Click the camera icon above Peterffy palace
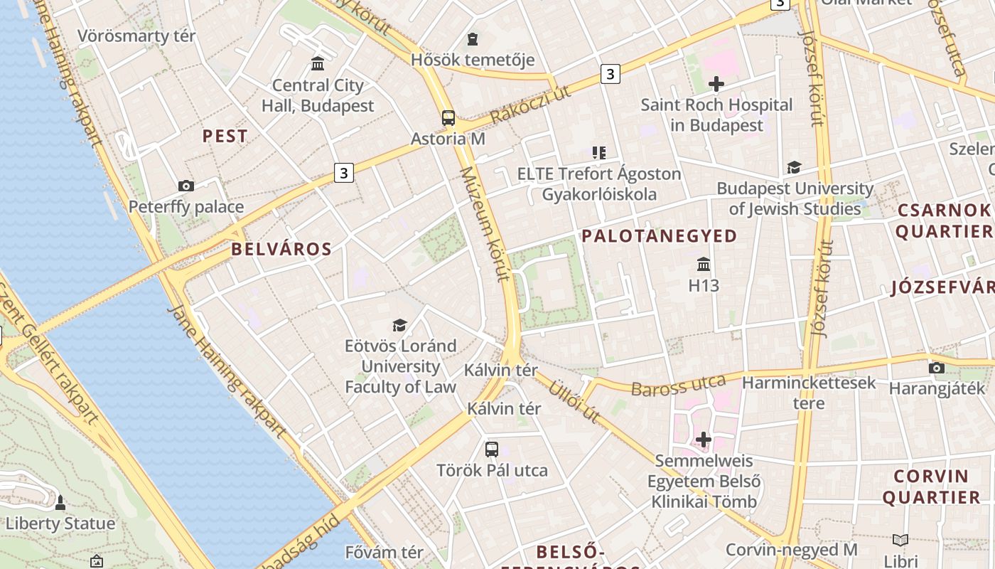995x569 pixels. pyautogui.click(x=186, y=186)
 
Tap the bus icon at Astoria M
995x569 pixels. pyautogui.click(x=448, y=118)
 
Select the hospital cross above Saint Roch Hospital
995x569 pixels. pyautogui.click(x=716, y=84)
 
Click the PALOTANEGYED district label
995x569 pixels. pyautogui.click(x=660, y=236)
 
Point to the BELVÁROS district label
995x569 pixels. pyautogui.click(x=281, y=249)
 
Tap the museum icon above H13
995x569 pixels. pyautogui.click(x=704, y=265)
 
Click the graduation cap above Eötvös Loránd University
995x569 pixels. pyautogui.click(x=400, y=325)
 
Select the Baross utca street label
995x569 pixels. pyautogui.click(x=678, y=385)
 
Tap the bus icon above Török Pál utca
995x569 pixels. pyautogui.click(x=491, y=449)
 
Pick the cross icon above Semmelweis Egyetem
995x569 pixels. pyautogui.click(x=704, y=440)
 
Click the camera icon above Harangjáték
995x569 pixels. pyautogui.click(x=937, y=368)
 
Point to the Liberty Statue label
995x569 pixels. pyautogui.click(x=60, y=524)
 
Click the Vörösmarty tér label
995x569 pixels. pyautogui.click(x=136, y=36)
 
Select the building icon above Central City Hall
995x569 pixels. pyautogui.click(x=318, y=64)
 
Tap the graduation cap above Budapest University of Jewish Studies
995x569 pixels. pyautogui.click(x=794, y=167)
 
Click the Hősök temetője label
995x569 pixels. pyautogui.click(x=473, y=60)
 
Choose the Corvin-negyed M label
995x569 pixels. pyautogui.click(x=791, y=550)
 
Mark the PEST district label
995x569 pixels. pyautogui.click(x=225, y=137)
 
